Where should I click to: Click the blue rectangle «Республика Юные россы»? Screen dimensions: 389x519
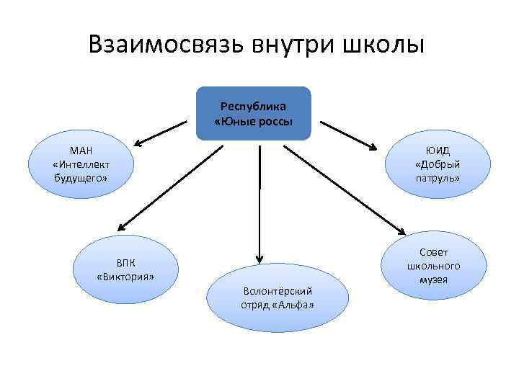click(x=253, y=113)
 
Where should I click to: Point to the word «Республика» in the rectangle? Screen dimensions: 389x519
click(x=253, y=106)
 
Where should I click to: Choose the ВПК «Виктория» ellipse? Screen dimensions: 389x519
click(x=125, y=268)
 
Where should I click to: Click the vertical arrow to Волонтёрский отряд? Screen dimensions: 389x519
click(x=258, y=202)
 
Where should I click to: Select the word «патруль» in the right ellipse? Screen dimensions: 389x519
click(x=438, y=177)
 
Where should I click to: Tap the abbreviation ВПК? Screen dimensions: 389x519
click(x=125, y=261)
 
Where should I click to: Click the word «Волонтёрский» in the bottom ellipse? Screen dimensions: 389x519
click(x=277, y=291)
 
